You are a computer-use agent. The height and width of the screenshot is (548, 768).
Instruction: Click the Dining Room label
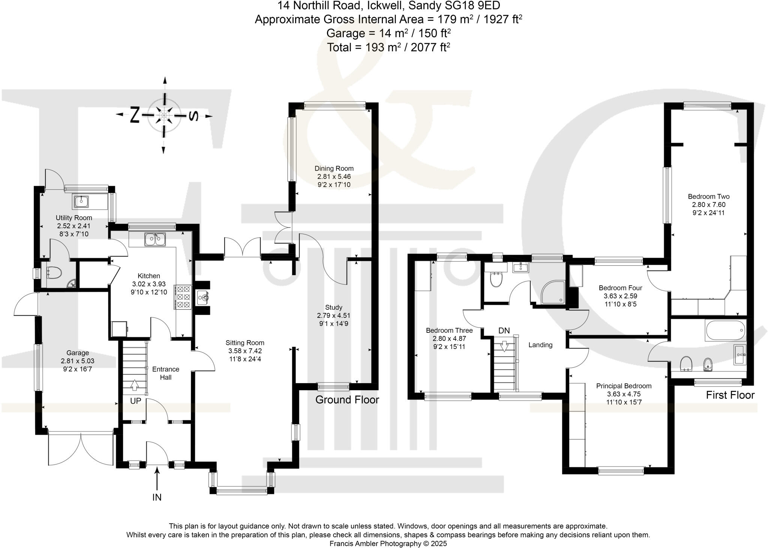coord(334,168)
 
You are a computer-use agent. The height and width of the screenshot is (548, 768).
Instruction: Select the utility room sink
coord(81,202)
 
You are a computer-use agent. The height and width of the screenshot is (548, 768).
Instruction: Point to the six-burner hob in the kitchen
coord(183,297)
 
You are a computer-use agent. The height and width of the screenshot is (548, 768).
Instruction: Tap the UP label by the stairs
coord(135,401)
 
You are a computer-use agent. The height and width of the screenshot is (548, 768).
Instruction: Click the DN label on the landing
coord(504,331)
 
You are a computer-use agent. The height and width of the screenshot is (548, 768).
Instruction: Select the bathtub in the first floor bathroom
coord(725,330)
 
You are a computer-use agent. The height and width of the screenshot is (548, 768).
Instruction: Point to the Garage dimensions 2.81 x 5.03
coord(78,361)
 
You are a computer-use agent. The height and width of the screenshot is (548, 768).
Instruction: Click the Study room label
coord(333,307)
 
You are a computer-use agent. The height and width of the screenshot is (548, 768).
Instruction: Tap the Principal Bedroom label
coord(624,386)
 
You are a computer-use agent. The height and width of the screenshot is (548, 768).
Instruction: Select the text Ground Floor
coord(347,400)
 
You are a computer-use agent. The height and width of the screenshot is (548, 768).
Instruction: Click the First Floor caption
coord(730,395)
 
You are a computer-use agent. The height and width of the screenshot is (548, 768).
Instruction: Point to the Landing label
coord(540,345)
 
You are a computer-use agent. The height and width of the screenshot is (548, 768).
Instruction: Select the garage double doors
coord(81,448)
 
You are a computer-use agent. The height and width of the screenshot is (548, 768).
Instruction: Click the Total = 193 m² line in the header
coord(388,48)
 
